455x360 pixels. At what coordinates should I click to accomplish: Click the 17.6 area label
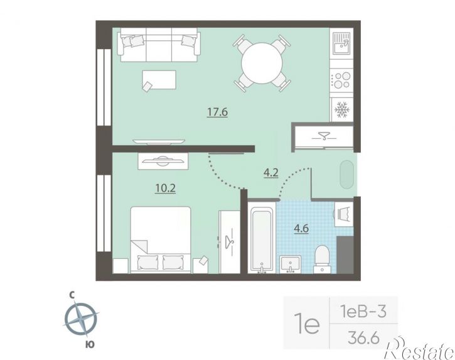point(217,112)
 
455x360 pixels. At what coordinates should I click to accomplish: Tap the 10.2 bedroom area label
point(166,188)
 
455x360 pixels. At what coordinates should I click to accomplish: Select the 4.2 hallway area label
point(271,173)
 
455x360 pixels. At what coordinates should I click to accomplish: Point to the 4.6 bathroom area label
point(301,229)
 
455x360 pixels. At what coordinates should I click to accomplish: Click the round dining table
point(262,63)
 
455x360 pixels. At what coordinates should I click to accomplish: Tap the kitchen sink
point(341,43)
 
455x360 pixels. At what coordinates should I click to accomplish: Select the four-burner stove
point(342,80)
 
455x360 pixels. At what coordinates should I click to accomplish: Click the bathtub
point(262,241)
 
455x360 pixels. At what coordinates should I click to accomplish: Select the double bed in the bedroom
point(161,240)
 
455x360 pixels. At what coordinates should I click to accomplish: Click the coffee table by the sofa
point(159,80)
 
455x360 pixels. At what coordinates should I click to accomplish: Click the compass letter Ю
point(90,344)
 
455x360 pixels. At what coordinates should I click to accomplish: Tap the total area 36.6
point(363,338)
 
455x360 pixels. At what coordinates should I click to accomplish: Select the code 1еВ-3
point(363,312)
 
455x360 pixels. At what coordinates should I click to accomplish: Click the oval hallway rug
point(347,174)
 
